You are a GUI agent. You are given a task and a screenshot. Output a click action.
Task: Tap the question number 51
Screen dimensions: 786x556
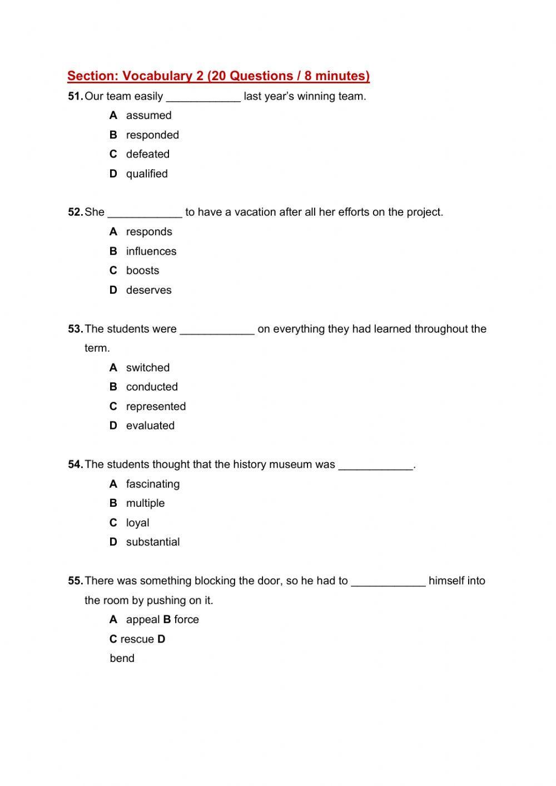(x=75, y=96)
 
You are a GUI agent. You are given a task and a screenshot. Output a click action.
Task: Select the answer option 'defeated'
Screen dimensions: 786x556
(x=147, y=154)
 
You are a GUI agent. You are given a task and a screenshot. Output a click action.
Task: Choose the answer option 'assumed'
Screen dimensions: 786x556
(x=148, y=115)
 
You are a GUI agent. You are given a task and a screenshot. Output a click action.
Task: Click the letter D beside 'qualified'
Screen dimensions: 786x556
(x=113, y=174)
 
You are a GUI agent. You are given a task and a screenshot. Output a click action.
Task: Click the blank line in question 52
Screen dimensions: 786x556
(x=145, y=214)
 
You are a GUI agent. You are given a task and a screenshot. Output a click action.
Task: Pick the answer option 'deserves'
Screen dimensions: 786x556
(x=148, y=290)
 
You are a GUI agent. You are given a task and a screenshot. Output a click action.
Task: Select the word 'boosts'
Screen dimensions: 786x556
(x=142, y=270)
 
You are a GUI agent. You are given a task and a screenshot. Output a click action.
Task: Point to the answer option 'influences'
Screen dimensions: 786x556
(x=151, y=251)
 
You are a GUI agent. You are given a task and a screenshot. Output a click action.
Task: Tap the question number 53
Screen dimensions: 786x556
(x=75, y=329)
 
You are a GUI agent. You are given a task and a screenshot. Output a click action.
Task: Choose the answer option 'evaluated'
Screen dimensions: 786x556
(x=150, y=426)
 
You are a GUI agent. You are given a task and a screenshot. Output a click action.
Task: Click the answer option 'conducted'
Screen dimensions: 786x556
(x=152, y=387)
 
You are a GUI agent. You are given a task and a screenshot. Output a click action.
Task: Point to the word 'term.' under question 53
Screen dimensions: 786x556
(x=97, y=348)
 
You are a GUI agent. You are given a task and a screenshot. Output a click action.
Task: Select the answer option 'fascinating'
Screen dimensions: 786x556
(x=152, y=484)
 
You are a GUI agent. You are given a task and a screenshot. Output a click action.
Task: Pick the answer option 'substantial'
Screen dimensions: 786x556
(x=152, y=542)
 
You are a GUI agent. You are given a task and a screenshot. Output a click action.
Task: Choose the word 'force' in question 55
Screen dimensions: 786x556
(x=186, y=620)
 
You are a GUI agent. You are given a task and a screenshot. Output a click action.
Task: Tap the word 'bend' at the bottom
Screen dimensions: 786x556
(x=122, y=658)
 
